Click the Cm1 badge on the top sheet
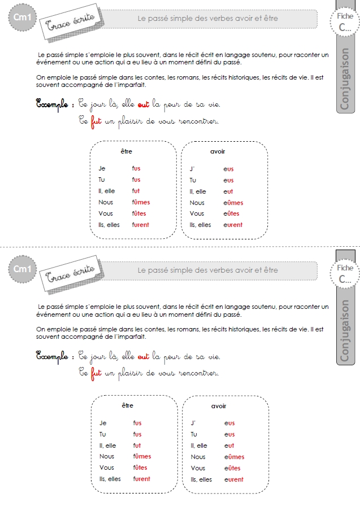coord(22,17)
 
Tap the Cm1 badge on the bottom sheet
coord(22,269)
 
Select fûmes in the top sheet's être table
coord(141,202)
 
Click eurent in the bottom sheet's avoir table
coord(234,479)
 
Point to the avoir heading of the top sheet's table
coord(218,151)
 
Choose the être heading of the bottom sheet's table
coord(128,405)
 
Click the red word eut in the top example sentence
coord(144,104)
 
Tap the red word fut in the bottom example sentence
coord(96,373)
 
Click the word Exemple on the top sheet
coord(52,104)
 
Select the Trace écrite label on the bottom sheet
coord(72,274)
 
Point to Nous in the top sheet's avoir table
coord(197,203)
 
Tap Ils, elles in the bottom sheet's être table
coord(110,479)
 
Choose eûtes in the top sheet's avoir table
coord(231,213)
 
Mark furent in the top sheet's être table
coord(141,225)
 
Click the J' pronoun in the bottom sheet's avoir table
coord(193,423)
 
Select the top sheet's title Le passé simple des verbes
coord(185,18)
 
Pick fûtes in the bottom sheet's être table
coord(140,468)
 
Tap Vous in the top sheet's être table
coord(106,213)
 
